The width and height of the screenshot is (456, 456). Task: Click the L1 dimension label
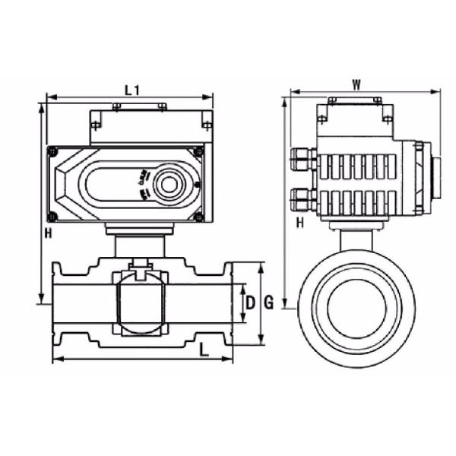[131, 89]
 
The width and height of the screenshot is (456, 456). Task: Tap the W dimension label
[356, 84]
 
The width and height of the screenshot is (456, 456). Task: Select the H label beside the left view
[48, 233]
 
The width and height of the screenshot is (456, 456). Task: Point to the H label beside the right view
[299, 222]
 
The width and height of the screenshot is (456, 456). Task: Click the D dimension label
[249, 304]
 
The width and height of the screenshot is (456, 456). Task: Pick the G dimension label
[268, 304]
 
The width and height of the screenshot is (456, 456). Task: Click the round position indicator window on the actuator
[167, 185]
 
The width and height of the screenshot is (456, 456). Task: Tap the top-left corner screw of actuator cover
[52, 152]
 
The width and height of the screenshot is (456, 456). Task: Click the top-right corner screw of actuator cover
[199, 152]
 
